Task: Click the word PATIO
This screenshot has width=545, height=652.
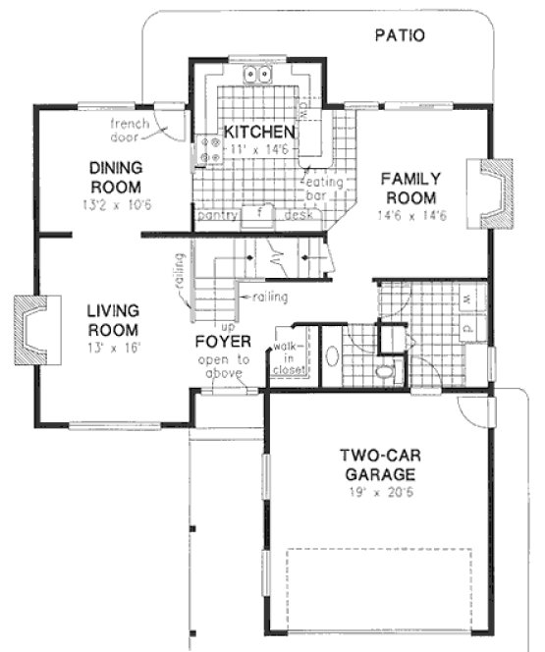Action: [400, 36]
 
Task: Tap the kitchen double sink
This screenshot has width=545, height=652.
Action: [258, 74]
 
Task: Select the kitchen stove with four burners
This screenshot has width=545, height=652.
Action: [209, 148]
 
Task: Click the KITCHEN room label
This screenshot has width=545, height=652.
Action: [257, 132]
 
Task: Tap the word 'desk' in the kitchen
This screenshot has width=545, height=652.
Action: [298, 213]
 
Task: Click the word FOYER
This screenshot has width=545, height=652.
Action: [222, 342]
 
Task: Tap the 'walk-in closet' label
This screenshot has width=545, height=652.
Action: [289, 358]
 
